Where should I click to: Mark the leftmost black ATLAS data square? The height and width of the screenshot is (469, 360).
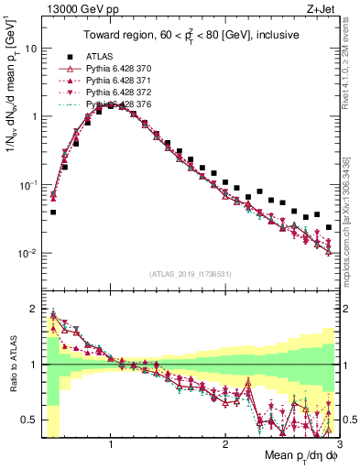53,212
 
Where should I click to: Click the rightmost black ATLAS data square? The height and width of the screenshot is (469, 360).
328,227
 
